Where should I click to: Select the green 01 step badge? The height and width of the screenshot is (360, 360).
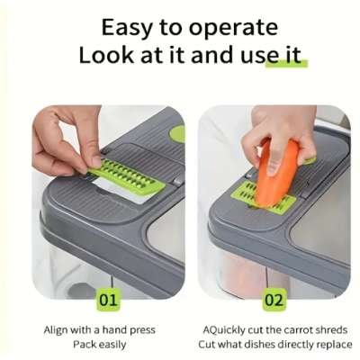[108, 300]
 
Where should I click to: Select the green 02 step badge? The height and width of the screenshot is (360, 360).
[274, 300]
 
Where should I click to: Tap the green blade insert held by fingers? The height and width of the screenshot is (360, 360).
[127, 177]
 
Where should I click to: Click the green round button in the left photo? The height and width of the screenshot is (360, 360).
[177, 134]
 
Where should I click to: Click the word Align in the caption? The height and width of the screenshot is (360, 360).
[56, 330]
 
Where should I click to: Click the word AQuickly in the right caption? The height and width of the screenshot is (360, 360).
[224, 330]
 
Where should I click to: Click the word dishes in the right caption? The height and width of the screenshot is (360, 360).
[266, 344]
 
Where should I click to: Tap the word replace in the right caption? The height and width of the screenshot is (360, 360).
[333, 345]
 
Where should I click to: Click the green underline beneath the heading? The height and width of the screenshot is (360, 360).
[286, 64]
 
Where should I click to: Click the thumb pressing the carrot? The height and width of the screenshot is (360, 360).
[272, 164]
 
